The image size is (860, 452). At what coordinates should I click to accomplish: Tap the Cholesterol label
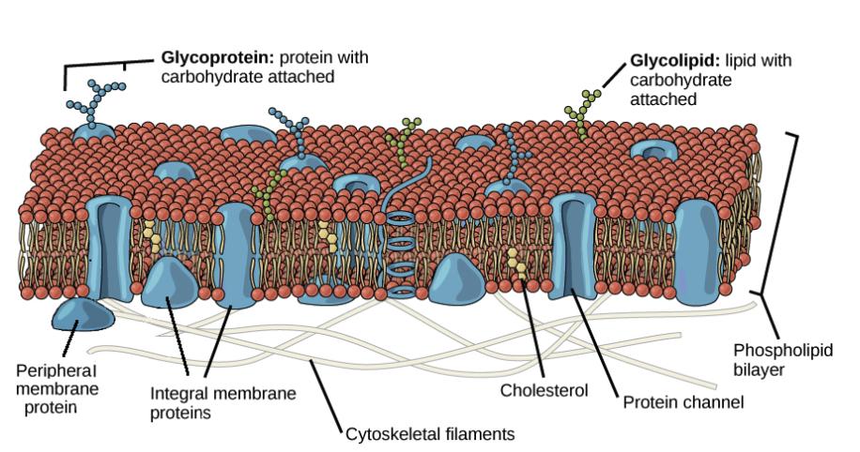(x=545, y=389)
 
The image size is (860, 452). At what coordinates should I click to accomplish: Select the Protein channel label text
(x=683, y=403)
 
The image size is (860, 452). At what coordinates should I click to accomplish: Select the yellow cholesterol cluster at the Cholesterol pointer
(x=514, y=267)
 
